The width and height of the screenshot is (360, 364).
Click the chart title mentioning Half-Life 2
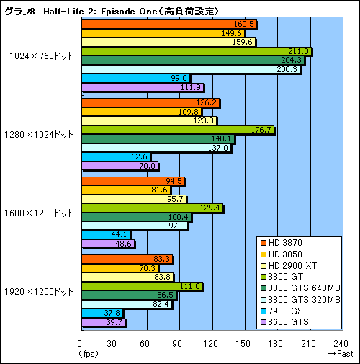(x=112, y=9)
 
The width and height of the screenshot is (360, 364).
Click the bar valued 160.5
(x=168, y=25)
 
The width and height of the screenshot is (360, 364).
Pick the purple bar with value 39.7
(x=103, y=322)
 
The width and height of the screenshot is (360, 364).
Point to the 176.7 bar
(x=177, y=130)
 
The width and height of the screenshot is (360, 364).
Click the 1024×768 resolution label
(x=41, y=56)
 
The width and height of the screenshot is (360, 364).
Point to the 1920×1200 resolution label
(x=41, y=291)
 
